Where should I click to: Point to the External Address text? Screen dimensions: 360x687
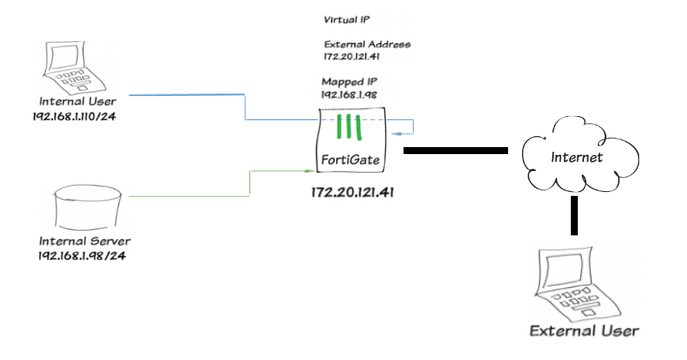click(366, 44)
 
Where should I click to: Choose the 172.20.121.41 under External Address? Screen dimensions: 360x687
click(355, 57)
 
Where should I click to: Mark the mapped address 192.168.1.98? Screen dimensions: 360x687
click(349, 94)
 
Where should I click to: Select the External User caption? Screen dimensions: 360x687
click(584, 331)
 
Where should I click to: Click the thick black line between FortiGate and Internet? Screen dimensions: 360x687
click(455, 150)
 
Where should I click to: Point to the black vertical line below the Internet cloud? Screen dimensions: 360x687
click(575, 214)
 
